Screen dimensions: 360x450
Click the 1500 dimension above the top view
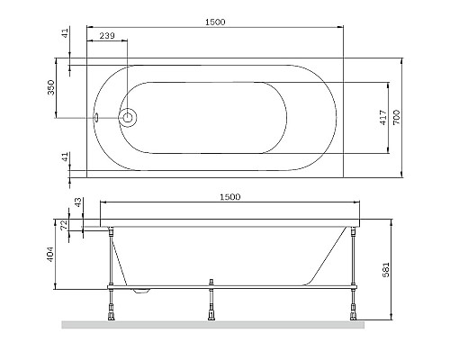(x=217, y=19)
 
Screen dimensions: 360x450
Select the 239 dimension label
(x=107, y=37)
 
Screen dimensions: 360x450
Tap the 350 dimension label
(x=51, y=88)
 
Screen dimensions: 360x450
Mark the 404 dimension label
(x=51, y=256)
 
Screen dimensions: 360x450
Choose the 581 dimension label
(x=409, y=267)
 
